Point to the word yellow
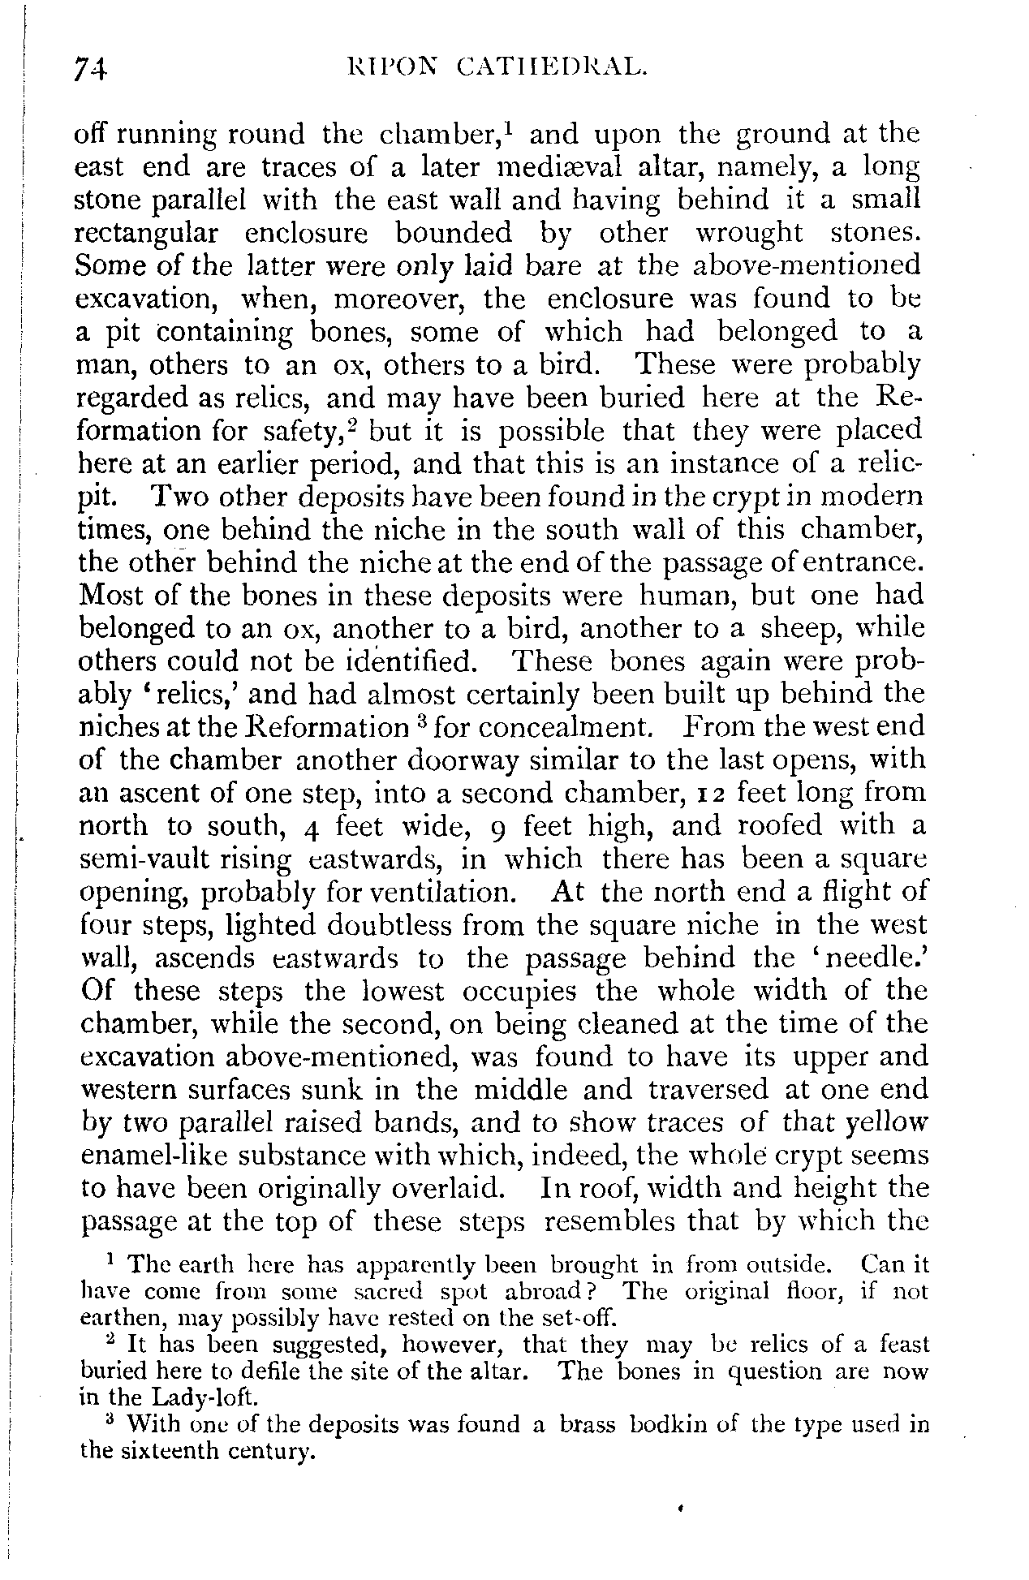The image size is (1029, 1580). tap(885, 1124)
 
